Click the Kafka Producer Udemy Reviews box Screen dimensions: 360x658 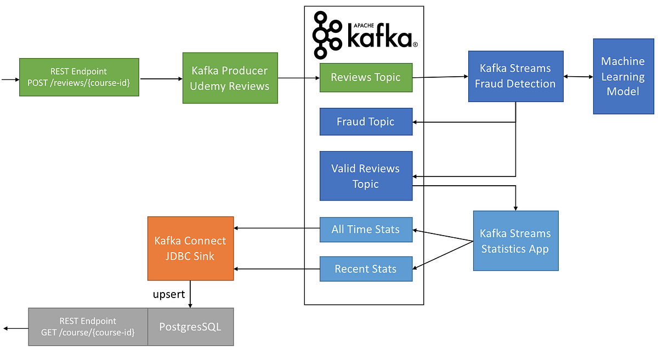click(230, 78)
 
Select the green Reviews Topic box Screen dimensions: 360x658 click(366, 77)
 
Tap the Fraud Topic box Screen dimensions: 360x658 click(366, 122)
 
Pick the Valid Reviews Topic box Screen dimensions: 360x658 click(366, 176)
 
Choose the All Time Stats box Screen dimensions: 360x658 click(366, 230)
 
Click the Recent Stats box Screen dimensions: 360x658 click(366, 269)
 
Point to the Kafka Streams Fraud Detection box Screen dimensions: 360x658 click(515, 76)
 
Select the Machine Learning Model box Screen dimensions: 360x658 click(623, 76)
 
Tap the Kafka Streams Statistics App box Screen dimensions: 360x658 click(515, 241)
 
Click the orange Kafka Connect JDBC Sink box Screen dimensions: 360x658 click(190, 248)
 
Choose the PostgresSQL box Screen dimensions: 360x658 click(191, 327)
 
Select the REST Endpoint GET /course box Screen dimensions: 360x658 click(88, 327)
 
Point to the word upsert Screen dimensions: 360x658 click(168, 295)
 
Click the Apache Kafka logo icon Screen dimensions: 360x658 click(328, 36)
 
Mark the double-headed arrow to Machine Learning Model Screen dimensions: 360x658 click(578, 77)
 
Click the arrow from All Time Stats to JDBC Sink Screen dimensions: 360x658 click(277, 228)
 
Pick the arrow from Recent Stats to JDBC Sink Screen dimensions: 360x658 click(277, 269)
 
